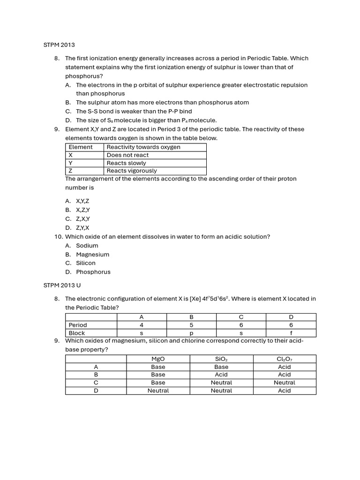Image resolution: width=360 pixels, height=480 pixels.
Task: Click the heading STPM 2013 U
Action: [62, 285]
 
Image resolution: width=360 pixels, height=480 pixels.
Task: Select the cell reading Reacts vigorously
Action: [131, 171]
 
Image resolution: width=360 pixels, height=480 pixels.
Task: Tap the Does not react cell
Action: [127, 155]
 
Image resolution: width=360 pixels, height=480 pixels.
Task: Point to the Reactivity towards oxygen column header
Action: [143, 147]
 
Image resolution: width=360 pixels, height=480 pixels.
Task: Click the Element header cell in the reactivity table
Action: [81, 147]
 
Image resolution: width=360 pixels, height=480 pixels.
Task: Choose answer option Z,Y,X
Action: [82, 228]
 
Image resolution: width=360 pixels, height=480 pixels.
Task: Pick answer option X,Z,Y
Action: [82, 210]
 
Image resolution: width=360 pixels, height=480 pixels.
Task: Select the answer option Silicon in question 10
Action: [85, 263]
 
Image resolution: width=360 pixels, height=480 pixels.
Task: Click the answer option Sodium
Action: [87, 246]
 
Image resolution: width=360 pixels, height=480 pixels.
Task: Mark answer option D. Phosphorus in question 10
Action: [93, 272]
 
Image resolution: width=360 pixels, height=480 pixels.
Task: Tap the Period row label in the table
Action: [78, 325]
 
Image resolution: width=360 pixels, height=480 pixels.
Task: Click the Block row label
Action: [77, 333]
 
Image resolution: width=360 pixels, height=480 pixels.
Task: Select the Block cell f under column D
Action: [291, 333]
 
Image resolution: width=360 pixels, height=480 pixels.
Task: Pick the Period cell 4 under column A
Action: [142, 325]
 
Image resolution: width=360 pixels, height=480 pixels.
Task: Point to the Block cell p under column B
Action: [191, 333]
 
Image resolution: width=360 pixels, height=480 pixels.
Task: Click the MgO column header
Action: [158, 359]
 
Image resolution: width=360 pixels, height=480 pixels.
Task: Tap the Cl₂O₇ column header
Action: [285, 359]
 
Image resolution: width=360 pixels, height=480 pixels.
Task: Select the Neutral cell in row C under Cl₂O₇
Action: [285, 382]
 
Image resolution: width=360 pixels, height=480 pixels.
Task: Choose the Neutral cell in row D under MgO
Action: [158, 390]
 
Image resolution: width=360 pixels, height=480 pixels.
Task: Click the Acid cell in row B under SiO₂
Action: [221, 375]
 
